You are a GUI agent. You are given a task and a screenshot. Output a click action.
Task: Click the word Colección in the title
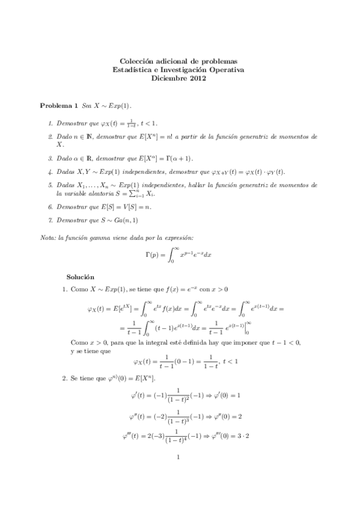136,61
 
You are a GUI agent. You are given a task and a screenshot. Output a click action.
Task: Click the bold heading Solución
81,277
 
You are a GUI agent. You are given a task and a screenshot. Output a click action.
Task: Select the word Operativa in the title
228,69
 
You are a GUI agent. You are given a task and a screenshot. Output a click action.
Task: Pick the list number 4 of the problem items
49,171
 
